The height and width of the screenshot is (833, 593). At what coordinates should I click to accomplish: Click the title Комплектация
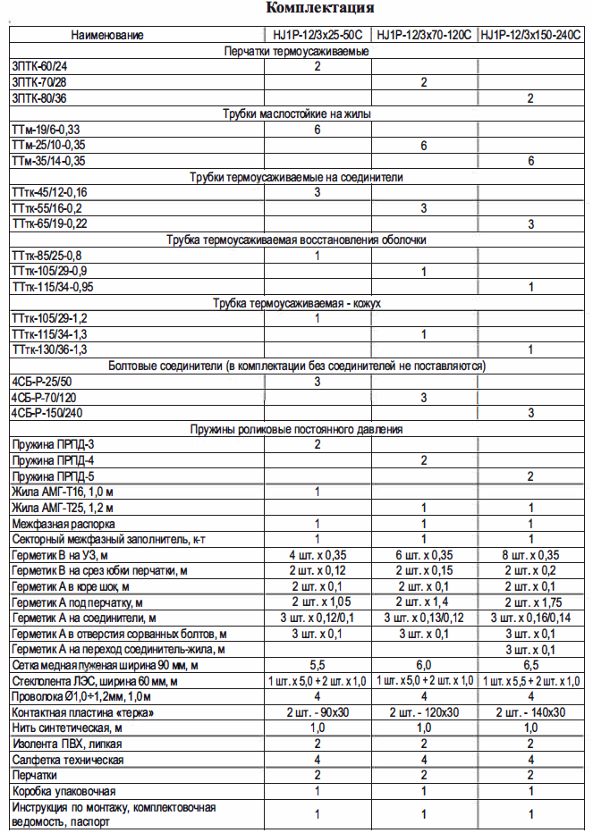click(320, 9)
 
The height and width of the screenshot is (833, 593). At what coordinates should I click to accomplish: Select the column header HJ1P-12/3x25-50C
click(318, 36)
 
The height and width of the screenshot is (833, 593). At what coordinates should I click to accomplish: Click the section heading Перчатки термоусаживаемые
click(297, 52)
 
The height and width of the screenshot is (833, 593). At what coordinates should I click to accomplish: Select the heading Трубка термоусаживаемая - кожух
click(297, 304)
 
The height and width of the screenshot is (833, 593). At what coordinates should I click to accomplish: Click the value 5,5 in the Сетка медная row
click(318, 666)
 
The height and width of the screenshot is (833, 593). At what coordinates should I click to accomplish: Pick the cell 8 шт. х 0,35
click(531, 555)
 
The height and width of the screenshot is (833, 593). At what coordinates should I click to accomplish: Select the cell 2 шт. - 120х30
click(423, 713)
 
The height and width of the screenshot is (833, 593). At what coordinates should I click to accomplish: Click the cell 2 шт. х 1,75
click(531, 602)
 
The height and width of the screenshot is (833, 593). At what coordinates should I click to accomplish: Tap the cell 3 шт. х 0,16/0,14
click(531, 618)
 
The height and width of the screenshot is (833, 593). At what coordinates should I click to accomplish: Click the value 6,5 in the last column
click(531, 666)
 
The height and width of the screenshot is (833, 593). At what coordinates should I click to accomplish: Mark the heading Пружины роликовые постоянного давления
click(297, 430)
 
